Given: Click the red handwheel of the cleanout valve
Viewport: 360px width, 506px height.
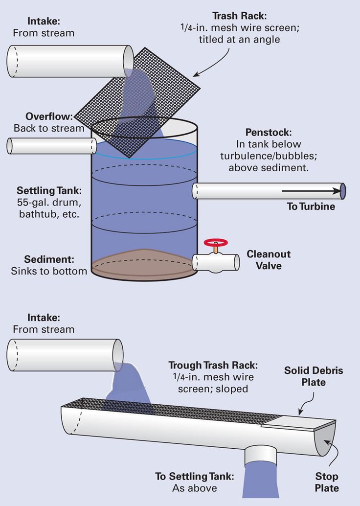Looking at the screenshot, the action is (216, 242).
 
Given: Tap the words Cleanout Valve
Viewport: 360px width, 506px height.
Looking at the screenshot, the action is (269, 260).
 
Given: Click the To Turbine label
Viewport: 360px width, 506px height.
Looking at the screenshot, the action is (311, 207).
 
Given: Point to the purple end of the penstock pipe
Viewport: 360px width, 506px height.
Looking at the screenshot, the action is (342, 191).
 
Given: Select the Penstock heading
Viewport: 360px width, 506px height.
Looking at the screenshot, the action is (269, 132).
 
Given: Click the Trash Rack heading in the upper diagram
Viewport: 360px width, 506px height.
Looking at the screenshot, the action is (239, 16).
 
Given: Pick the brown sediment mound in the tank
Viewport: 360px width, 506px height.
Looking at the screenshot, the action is (144, 262).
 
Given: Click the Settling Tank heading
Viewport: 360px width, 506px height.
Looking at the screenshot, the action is (49, 190).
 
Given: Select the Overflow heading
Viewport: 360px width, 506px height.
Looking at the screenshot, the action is (49, 116).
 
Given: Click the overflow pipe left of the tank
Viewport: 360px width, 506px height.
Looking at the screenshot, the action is (52, 146).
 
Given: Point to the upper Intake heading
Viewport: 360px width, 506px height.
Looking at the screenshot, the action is (44, 21).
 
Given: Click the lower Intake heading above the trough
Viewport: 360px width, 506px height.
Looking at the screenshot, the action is (44, 318).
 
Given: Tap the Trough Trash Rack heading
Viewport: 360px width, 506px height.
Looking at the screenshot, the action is (213, 365).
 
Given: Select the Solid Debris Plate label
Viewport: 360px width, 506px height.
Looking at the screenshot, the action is (314, 376).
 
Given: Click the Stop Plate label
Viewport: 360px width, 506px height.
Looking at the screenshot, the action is (327, 482).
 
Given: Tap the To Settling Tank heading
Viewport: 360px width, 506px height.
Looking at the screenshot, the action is (195, 476).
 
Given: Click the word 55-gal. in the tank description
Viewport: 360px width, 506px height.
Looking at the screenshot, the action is (32, 203).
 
